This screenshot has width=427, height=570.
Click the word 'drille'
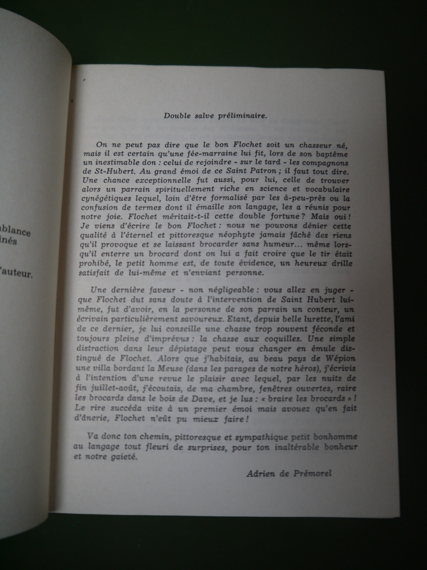click(x=340, y=263)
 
